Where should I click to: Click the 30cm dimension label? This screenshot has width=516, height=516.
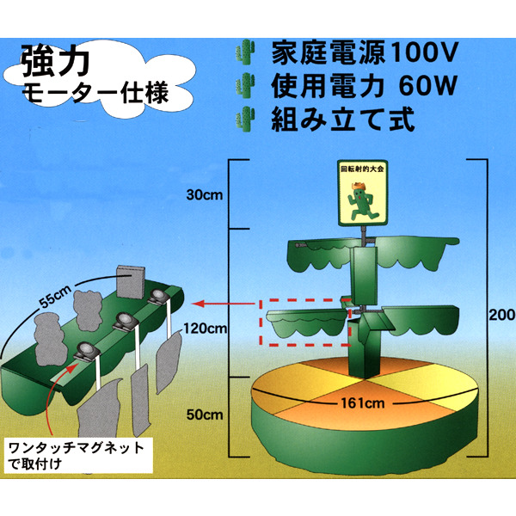point(205,195)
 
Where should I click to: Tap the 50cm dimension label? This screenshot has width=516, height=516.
point(205,415)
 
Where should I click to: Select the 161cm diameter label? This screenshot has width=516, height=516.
point(363,402)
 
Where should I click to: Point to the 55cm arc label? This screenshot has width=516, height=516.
point(55,297)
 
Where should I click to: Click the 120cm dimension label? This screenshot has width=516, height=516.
point(206,329)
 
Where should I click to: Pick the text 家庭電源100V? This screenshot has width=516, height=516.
point(365,53)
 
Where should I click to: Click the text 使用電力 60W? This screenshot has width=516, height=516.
point(365,86)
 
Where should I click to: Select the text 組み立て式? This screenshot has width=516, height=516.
point(342,120)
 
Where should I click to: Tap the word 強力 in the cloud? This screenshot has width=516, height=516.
point(56,61)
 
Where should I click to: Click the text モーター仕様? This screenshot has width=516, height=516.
point(95,92)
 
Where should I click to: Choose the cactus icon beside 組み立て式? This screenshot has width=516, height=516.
point(245,120)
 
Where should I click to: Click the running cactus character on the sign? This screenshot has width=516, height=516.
point(362,200)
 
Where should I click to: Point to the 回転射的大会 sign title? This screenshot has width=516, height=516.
point(362,169)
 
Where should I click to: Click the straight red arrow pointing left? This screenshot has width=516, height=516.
point(224,304)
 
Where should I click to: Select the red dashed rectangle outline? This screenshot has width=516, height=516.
point(260,322)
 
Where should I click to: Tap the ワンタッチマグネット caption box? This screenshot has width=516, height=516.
point(79,455)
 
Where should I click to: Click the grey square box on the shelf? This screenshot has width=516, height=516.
point(131,283)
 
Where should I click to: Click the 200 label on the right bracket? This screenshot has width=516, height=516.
point(502,315)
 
